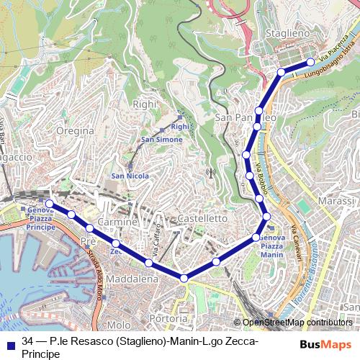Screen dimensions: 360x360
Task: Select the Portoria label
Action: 166,318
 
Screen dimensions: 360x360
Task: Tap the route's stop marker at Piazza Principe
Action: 49,204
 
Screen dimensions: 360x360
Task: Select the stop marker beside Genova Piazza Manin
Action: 257,236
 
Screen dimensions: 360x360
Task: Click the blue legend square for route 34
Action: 10,341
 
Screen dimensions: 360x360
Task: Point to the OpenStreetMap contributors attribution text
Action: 297,323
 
